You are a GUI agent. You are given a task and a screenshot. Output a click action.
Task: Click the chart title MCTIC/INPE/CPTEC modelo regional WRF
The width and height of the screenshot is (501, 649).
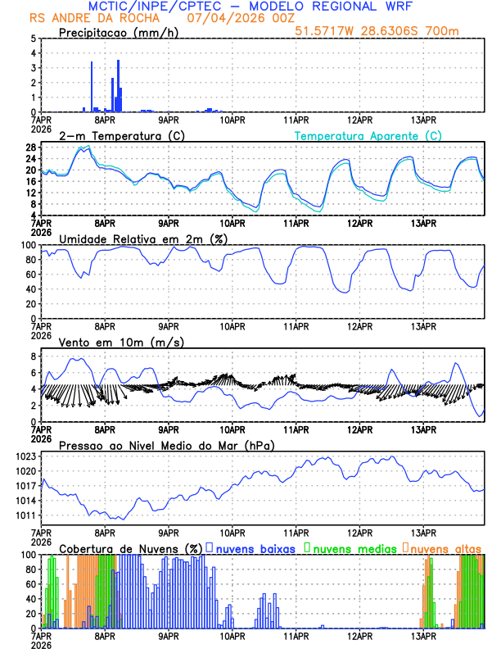click(x=250, y=7)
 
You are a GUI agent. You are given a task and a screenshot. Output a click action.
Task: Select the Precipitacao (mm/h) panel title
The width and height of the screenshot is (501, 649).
click(x=119, y=33)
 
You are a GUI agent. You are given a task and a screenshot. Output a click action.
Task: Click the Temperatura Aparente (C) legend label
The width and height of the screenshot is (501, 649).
click(x=368, y=135)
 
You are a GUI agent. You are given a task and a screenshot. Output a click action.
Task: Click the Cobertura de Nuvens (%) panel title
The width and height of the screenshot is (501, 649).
click(x=131, y=547)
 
